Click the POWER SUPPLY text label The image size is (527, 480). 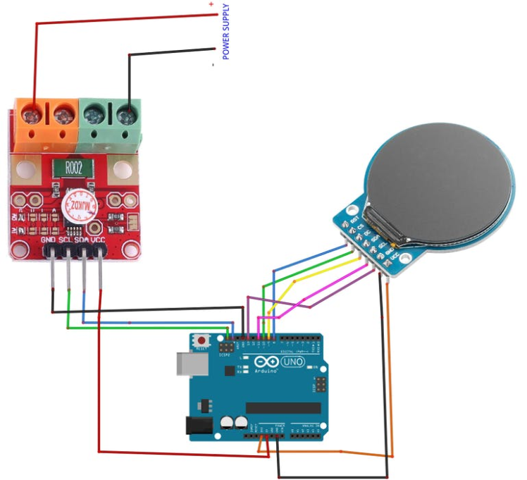(x=225, y=32)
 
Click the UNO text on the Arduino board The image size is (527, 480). (x=292, y=362)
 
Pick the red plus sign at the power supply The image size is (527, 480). (x=211, y=4)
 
